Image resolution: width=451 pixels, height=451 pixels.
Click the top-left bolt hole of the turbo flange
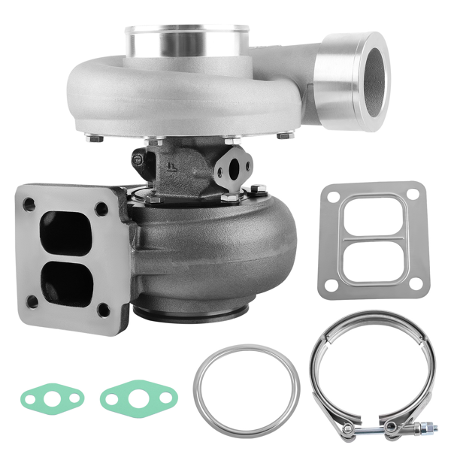click(x=29, y=204)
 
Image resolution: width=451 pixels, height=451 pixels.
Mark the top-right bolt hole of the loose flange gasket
click(x=411, y=194)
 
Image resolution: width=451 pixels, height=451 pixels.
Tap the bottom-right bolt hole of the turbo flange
click(x=104, y=309)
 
